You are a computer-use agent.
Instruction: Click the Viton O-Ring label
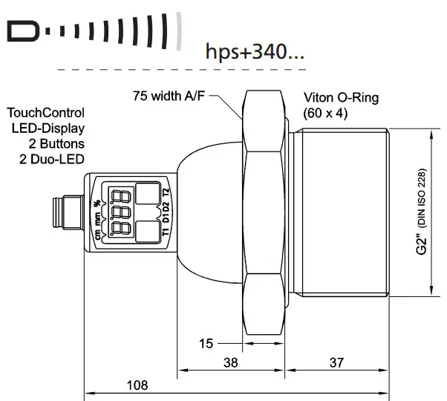coord(342,97)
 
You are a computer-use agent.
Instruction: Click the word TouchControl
coord(45,113)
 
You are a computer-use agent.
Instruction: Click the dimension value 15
coord(206,343)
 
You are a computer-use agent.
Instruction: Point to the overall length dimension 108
coord(137,385)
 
